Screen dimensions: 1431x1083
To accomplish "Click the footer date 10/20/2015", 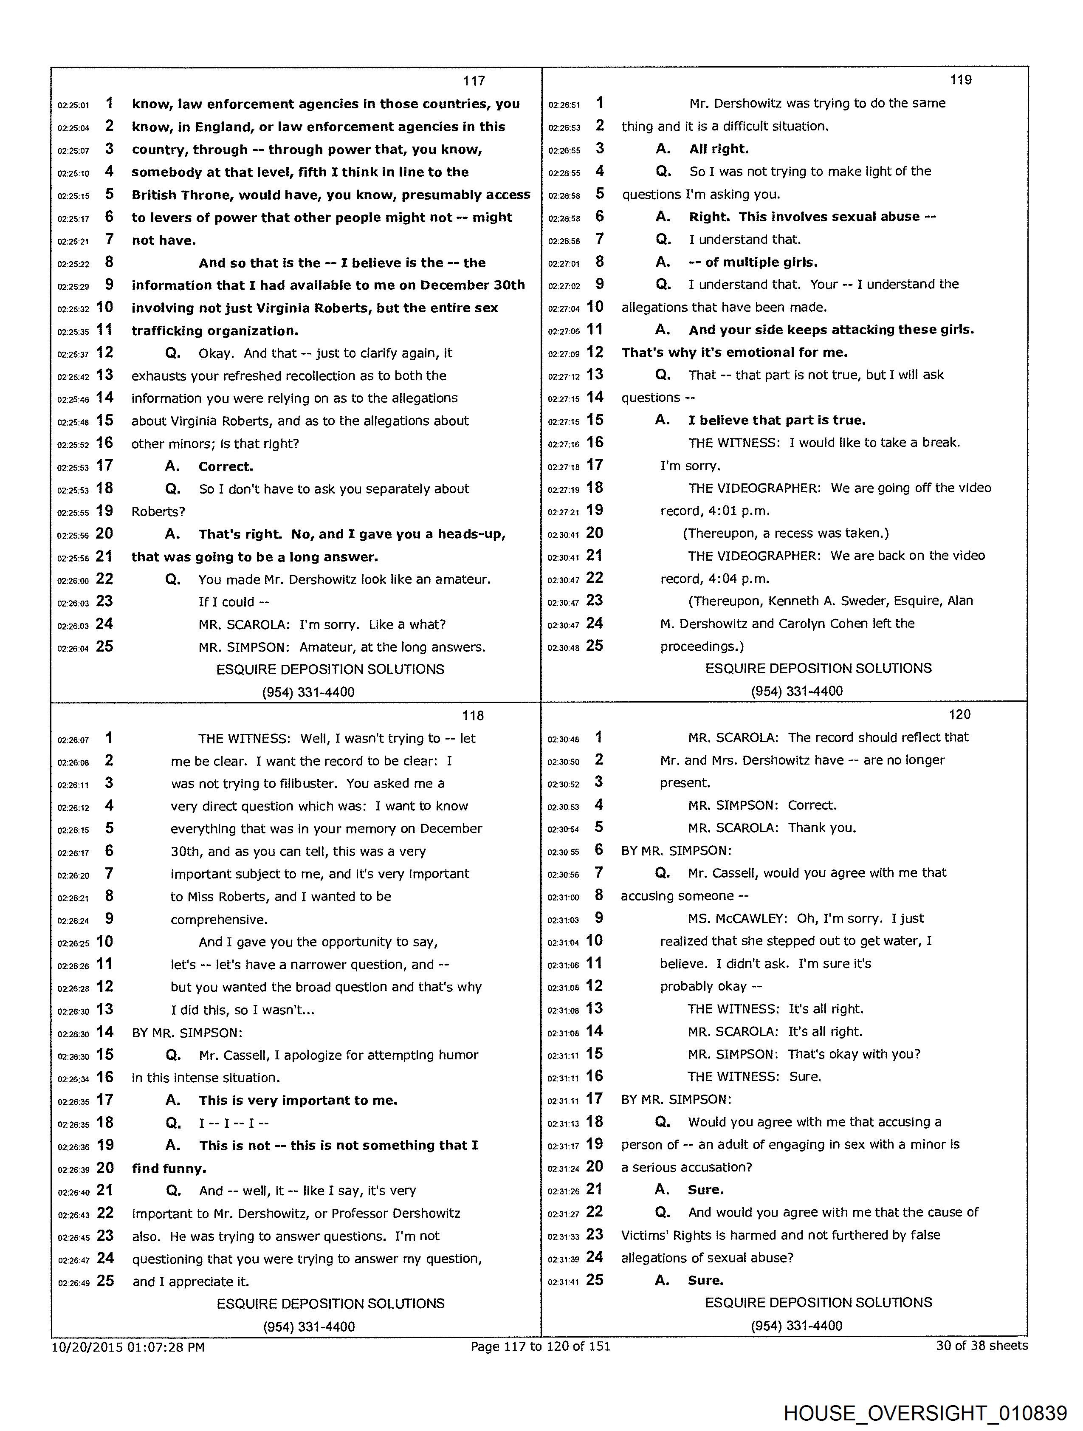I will click(x=87, y=1347).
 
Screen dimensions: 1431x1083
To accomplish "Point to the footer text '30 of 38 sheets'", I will click(x=981, y=1346).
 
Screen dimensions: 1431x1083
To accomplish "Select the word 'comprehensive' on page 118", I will click(x=219, y=919).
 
